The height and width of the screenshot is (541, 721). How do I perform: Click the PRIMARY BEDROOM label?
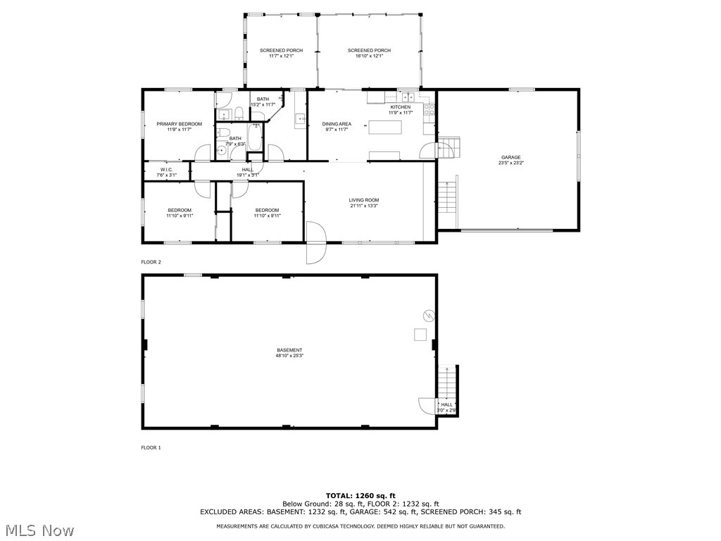point(179,124)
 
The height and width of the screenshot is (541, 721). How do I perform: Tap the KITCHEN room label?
point(400,107)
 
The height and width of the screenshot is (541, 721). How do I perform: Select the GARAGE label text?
point(510,157)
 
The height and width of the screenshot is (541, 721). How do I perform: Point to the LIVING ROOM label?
point(364,200)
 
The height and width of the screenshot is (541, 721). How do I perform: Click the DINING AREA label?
point(337,124)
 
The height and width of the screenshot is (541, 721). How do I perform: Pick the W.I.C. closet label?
point(166,169)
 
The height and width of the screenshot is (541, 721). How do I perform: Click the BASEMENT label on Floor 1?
point(289,350)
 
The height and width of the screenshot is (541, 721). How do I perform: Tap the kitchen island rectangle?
point(387,128)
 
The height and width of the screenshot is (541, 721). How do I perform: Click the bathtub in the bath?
point(254,137)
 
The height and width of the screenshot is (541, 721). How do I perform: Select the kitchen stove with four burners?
point(430,108)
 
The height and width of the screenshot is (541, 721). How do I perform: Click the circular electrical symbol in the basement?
point(427,314)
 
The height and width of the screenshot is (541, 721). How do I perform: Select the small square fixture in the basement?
point(420,334)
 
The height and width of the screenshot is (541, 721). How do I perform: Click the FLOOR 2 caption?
point(151,262)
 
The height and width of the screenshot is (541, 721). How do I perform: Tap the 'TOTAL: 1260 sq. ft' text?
point(360,495)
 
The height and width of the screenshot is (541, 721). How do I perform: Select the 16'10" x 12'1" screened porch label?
point(369,50)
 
